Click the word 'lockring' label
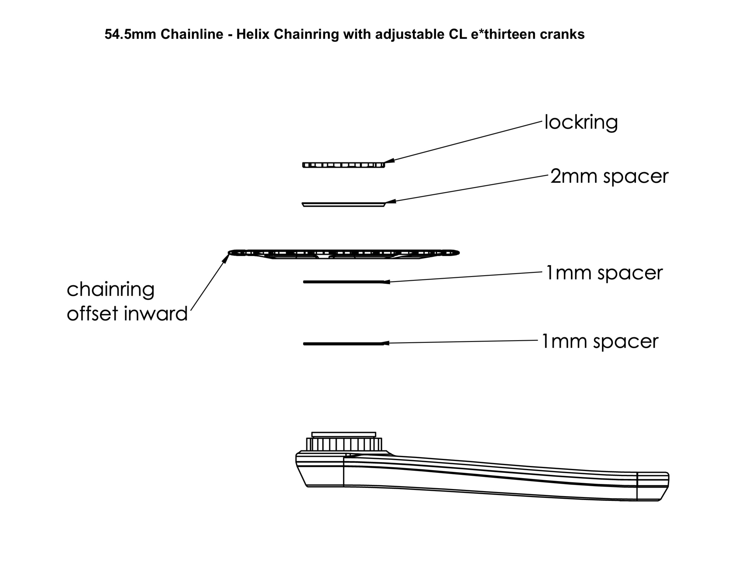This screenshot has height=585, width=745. click(581, 122)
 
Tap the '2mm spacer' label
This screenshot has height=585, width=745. click(609, 176)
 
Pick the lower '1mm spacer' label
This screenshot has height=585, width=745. click(600, 342)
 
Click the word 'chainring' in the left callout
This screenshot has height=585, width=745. click(110, 290)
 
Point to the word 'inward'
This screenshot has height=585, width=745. click(156, 313)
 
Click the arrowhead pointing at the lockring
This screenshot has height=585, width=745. click(389, 161)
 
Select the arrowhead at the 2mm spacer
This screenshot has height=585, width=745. click(390, 202)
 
